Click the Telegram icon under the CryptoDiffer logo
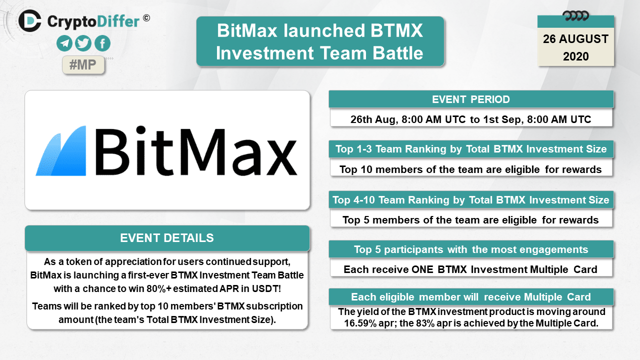click(64, 43)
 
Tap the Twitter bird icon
click(83, 43)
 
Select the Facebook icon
click(102, 43)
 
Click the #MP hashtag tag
click(83, 65)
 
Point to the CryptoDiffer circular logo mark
click(29, 20)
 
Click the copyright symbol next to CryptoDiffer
click(146, 18)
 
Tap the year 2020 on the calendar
click(575, 56)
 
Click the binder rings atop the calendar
click(575, 15)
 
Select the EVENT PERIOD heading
click(471, 99)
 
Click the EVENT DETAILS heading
click(167, 238)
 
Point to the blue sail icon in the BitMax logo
click(60, 150)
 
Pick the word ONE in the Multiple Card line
click(422, 269)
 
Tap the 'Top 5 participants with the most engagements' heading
click(471, 249)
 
